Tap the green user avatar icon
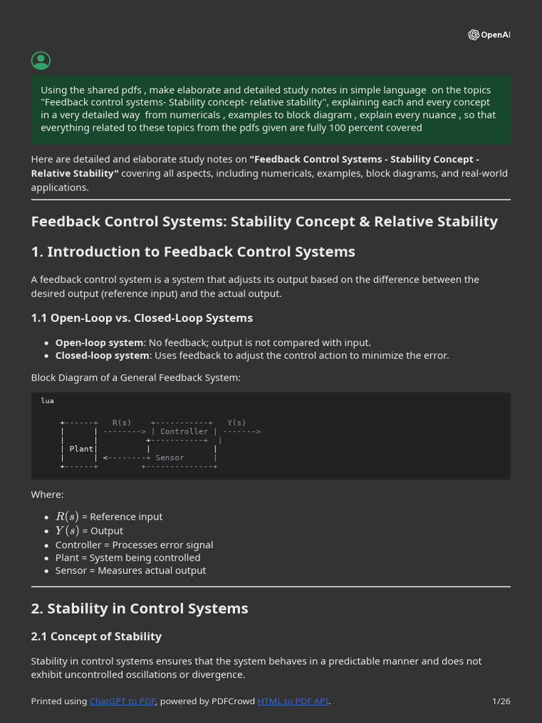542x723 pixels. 41,61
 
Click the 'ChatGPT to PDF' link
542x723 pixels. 123,701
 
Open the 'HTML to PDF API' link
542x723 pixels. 293,701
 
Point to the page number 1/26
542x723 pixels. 501,701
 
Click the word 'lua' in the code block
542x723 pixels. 47,400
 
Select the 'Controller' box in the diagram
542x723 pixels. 184,431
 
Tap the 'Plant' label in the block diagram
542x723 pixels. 81,448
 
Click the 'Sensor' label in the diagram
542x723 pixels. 169,458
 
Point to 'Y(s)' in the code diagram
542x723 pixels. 236,422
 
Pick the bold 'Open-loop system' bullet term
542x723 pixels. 100,342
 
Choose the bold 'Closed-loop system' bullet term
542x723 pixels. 102,355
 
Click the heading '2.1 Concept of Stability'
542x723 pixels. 96,636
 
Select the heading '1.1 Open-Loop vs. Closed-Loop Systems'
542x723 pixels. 142,318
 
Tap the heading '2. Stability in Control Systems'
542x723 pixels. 140,608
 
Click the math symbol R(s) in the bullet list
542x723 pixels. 66,516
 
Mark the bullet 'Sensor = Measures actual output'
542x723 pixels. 131,570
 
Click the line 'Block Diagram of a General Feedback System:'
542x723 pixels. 135,378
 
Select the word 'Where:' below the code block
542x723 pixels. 47,494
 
